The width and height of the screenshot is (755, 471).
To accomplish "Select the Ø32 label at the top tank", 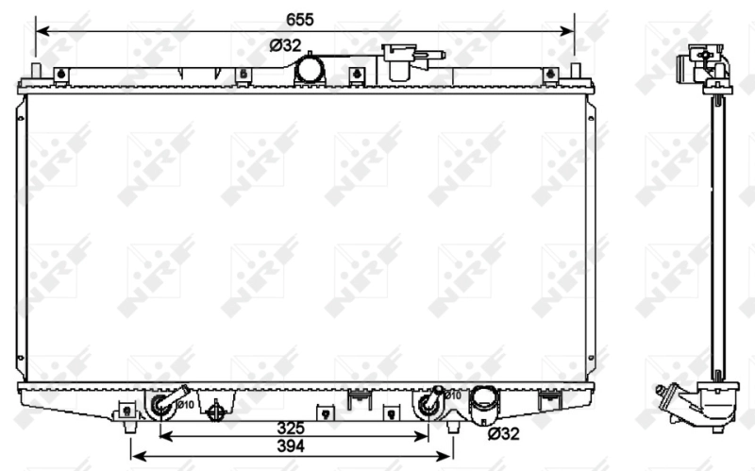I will pos(285,45).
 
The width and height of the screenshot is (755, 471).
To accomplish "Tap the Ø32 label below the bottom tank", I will pos(504,434).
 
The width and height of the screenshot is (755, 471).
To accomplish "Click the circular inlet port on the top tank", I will pos(309,69).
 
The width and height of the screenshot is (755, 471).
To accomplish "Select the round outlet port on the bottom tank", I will pos(486,401).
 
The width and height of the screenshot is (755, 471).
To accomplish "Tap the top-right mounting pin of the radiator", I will pos(574,72).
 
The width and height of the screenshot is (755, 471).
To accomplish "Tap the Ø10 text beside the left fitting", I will pos(185,405).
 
